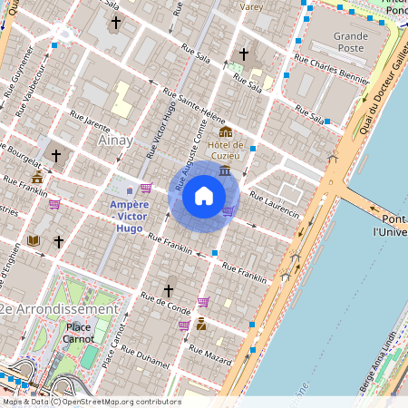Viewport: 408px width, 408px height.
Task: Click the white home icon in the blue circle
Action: pyautogui.click(x=204, y=196)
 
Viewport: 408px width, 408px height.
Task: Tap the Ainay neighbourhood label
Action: pyautogui.click(x=113, y=141)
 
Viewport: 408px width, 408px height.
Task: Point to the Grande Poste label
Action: pyautogui.click(x=351, y=43)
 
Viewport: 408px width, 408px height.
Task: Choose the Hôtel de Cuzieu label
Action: pyautogui.click(x=226, y=150)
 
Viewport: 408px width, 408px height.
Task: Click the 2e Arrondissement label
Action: pyautogui.click(x=58, y=309)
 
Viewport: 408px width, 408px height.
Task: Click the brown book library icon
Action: pyautogui.click(x=34, y=240)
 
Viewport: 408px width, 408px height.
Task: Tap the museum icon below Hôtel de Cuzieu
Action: pyautogui.click(x=224, y=170)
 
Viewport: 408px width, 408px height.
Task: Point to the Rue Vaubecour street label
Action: pyautogui.click(x=29, y=87)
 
